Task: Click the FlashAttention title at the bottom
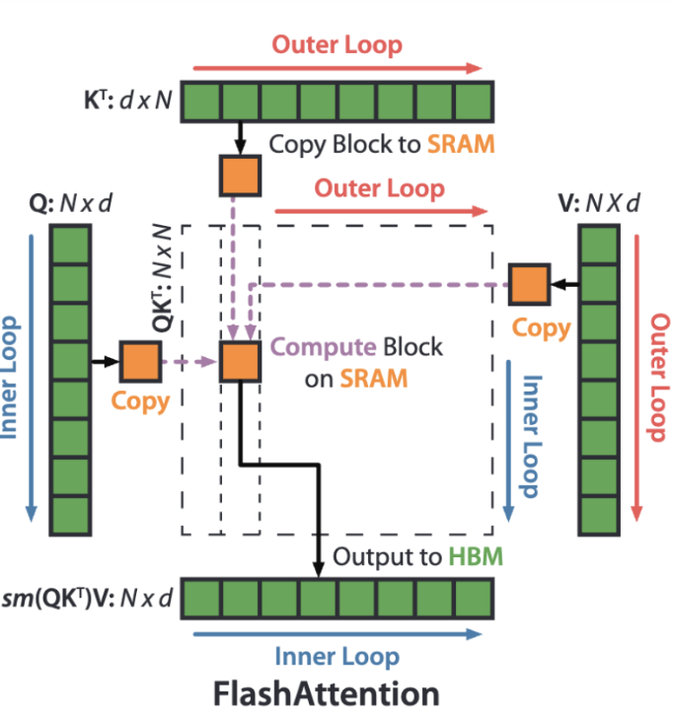[327, 693]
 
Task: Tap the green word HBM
[476, 557]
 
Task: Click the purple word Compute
[313, 348]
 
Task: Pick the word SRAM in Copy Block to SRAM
[461, 144]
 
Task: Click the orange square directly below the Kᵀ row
[239, 175]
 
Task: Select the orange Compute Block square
[239, 361]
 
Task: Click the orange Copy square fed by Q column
[139, 361]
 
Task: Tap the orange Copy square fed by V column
[529, 284]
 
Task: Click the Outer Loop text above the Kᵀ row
[337, 45]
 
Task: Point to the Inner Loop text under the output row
[336, 657]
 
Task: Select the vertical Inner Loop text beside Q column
[11, 378]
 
